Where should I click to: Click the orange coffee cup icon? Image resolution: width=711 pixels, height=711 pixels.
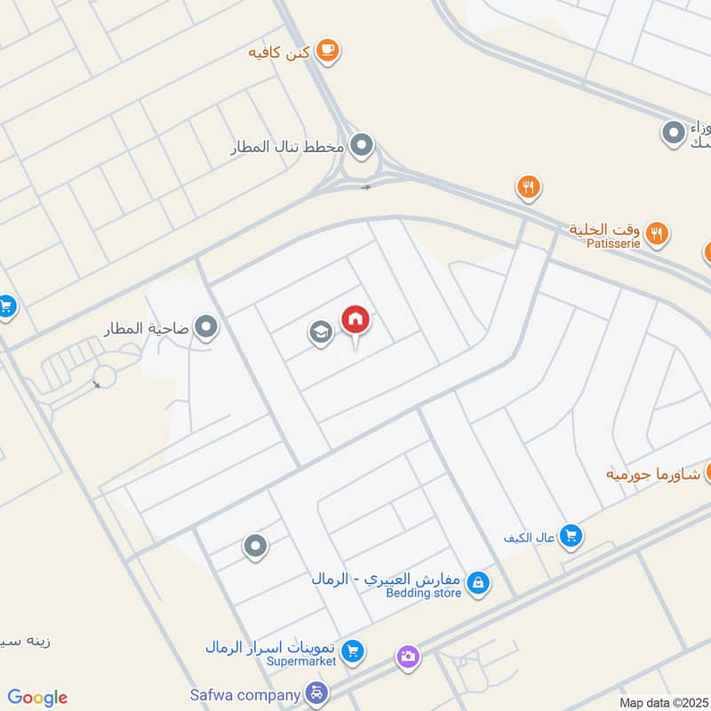tap(328, 51)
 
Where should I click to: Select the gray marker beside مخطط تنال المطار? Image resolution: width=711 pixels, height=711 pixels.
tap(361, 145)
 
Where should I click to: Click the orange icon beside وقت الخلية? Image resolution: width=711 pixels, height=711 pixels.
tap(657, 234)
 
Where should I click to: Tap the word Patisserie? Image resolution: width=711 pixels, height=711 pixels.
tap(612, 244)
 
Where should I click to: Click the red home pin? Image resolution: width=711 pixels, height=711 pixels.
tap(355, 320)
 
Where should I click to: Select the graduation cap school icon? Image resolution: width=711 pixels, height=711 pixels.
tap(320, 333)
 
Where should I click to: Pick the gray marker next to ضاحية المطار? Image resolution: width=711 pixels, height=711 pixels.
tap(207, 329)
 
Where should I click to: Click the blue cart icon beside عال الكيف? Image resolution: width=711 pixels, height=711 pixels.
tap(571, 536)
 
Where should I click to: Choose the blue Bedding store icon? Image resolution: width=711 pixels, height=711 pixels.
tap(478, 583)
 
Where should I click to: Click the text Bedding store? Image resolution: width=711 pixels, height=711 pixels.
tap(423, 593)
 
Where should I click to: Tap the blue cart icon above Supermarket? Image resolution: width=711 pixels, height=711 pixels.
tap(353, 651)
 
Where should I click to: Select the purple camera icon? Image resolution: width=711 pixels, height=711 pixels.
tap(408, 657)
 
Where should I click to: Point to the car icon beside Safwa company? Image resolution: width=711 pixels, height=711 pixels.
tap(315, 692)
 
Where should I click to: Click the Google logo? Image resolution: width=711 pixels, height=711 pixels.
tap(37, 698)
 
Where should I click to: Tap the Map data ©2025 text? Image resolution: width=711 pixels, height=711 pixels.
tap(663, 702)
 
